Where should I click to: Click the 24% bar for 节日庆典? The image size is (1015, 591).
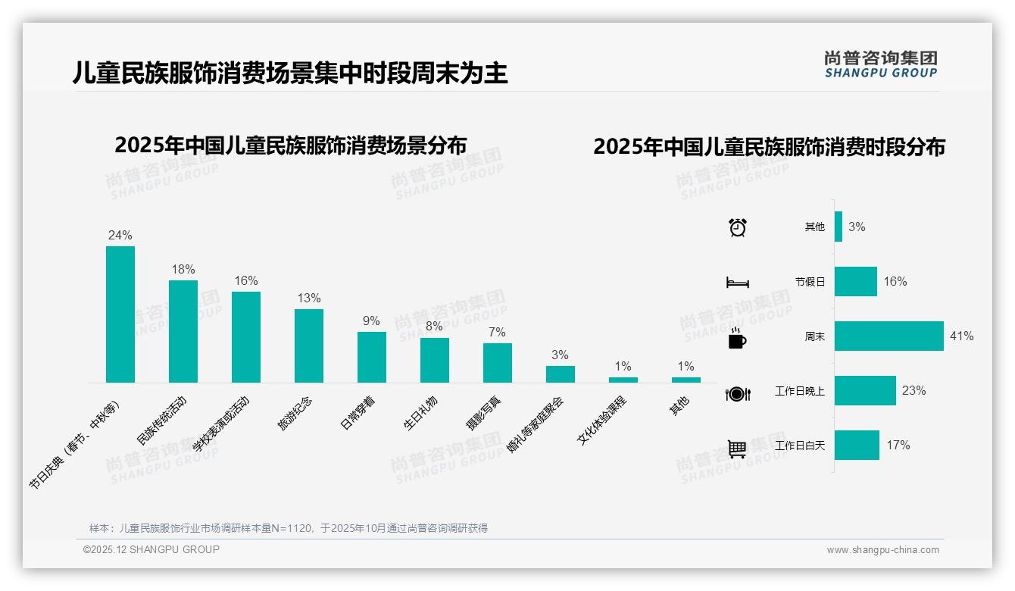[120, 314]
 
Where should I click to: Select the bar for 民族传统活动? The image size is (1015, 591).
[183, 331]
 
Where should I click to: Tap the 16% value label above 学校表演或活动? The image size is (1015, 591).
[246, 280]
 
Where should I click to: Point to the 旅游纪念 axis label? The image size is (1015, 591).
[294, 413]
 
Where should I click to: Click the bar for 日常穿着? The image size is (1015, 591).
[372, 357]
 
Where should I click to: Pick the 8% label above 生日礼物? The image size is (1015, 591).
[434, 327]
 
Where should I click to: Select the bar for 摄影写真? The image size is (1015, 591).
[498, 363]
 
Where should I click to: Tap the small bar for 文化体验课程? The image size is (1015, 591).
[623, 380]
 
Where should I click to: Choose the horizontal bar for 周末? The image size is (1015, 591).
[889, 336]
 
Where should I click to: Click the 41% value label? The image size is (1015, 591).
[962, 336]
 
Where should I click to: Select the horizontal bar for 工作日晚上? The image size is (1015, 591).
[865, 390]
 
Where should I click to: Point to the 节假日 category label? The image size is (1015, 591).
[810, 282]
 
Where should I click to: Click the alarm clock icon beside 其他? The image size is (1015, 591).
[738, 227]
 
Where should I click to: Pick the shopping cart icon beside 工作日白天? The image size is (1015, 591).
[737, 449]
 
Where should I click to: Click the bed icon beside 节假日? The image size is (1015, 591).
[737, 283]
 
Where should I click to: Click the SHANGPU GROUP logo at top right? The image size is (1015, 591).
[881, 64]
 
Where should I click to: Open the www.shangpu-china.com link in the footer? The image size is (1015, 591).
[882, 550]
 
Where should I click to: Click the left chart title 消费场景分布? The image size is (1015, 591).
[290, 145]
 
